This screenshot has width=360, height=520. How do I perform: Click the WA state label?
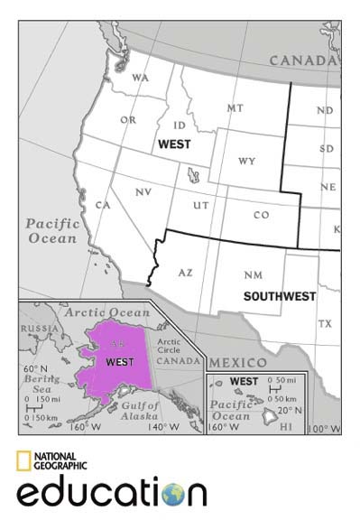pos(140,78)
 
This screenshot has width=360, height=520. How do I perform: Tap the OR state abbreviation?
pos(128,120)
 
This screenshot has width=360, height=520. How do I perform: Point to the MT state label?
pos(235,108)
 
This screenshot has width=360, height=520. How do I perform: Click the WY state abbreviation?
pos(247,162)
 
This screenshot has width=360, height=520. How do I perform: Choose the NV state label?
pos(143,192)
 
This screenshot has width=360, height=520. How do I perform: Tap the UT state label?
pos(201,207)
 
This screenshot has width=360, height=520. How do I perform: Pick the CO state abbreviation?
pos(261,215)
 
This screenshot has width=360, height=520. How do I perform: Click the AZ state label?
pos(186,272)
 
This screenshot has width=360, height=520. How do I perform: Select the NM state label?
pos(254,274)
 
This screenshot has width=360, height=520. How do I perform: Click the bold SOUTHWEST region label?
pos(280,295)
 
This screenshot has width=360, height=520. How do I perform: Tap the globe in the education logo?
pos(171,493)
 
